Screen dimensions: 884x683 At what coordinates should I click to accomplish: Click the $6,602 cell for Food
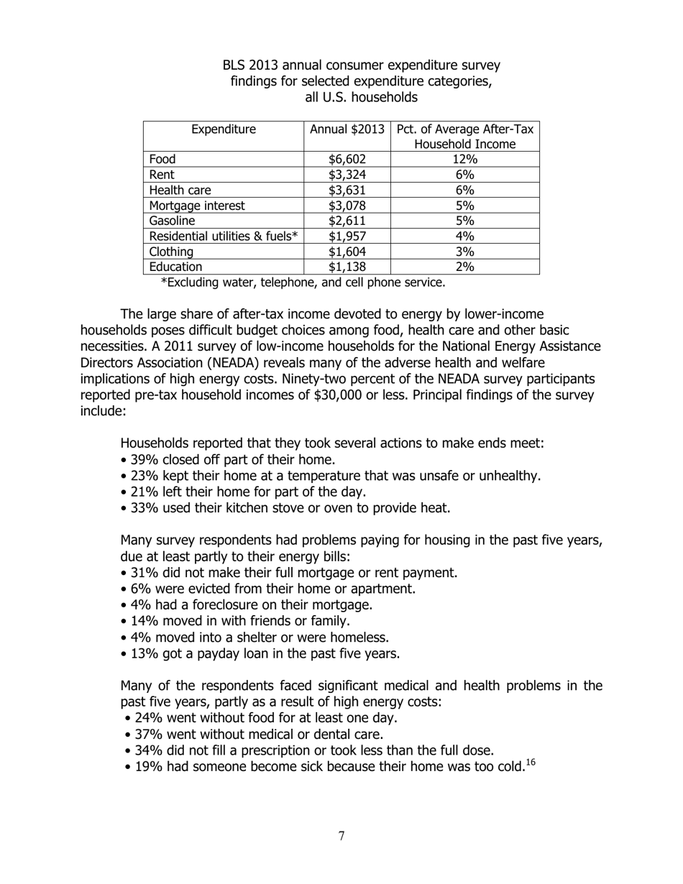(347, 160)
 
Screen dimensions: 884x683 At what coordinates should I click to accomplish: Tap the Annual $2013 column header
(347, 129)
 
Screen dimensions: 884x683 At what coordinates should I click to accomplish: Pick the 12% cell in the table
(464, 160)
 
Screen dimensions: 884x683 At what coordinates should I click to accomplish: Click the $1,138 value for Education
(347, 267)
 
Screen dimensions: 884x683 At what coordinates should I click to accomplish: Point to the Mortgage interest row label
(196, 206)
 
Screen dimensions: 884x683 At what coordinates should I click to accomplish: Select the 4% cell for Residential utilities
(464, 236)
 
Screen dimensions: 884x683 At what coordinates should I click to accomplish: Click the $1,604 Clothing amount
(347, 252)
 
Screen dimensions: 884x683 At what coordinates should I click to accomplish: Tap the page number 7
(341, 836)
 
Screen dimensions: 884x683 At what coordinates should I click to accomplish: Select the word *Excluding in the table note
(191, 282)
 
